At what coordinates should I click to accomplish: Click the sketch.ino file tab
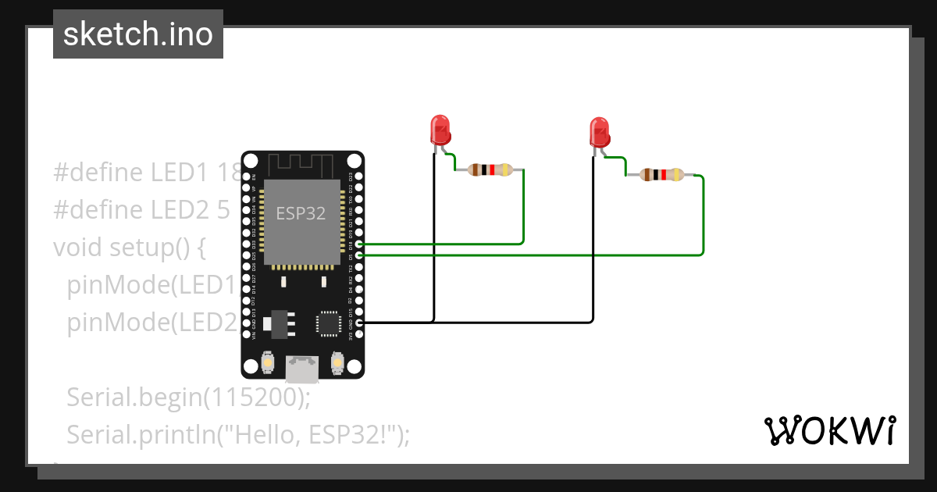(x=138, y=34)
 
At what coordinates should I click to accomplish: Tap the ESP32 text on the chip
(x=301, y=212)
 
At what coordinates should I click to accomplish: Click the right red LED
(x=599, y=131)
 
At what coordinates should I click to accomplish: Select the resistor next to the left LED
(x=490, y=169)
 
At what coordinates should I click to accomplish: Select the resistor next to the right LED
(x=661, y=175)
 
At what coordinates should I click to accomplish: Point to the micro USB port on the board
(x=302, y=369)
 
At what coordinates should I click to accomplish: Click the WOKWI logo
(x=828, y=430)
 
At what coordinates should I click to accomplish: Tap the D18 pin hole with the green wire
(x=358, y=244)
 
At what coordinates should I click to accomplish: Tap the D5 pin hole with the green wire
(x=358, y=255)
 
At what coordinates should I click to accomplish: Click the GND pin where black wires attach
(x=358, y=322)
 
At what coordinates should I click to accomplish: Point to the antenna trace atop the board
(x=301, y=165)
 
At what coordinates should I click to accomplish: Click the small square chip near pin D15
(x=328, y=323)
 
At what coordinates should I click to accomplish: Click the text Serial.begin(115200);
(x=188, y=398)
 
